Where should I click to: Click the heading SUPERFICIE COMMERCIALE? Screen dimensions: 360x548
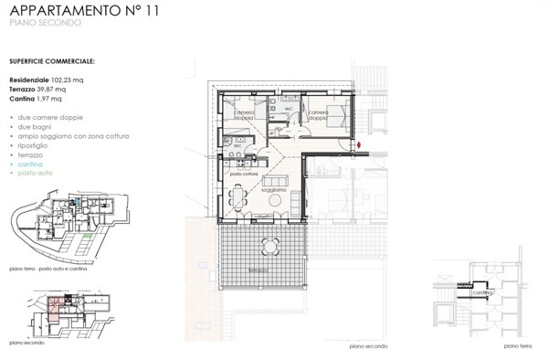(52, 62)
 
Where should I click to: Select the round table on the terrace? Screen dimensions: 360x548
(271, 246)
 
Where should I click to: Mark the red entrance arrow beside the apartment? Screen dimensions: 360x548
(362, 144)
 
